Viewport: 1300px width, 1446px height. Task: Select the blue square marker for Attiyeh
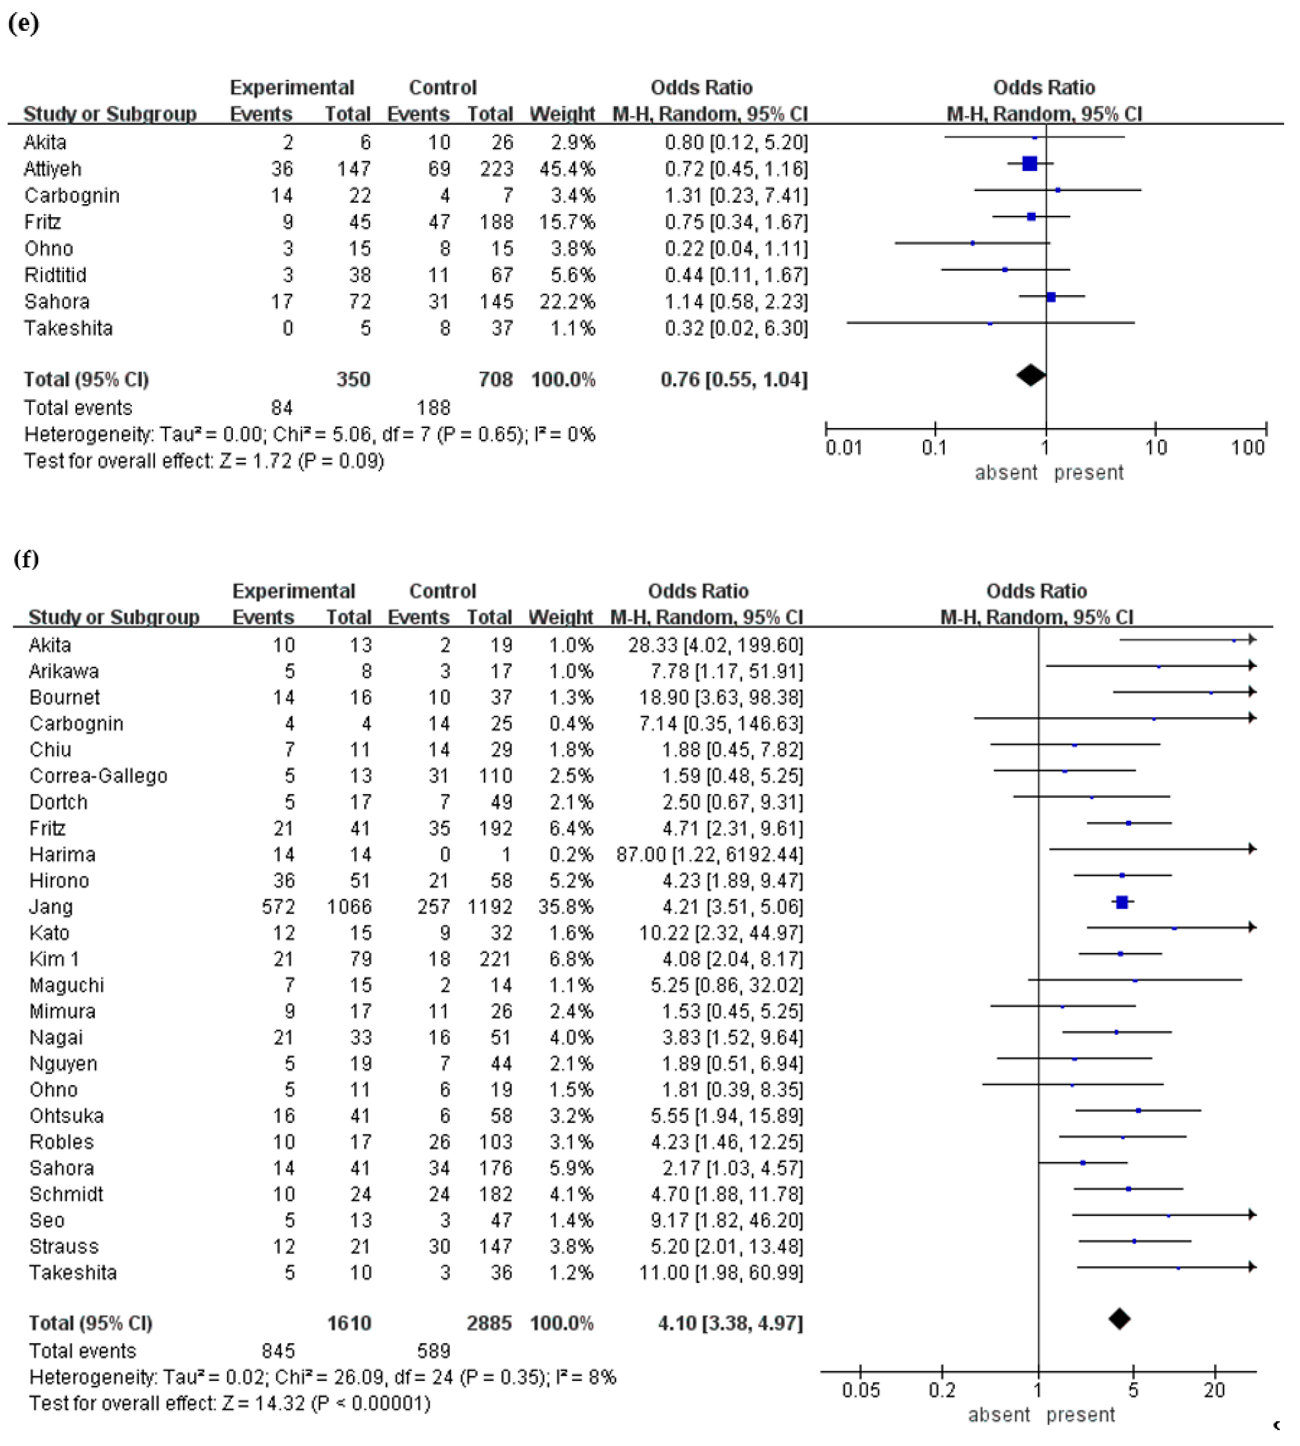(1029, 164)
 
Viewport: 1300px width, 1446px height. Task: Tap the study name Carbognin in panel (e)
(71, 196)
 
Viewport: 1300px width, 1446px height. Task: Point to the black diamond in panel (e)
(1031, 375)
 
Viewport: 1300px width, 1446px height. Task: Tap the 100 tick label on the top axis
(1247, 448)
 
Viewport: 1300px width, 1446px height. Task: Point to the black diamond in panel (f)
(1119, 1319)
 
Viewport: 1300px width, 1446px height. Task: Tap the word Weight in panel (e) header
(561, 114)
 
